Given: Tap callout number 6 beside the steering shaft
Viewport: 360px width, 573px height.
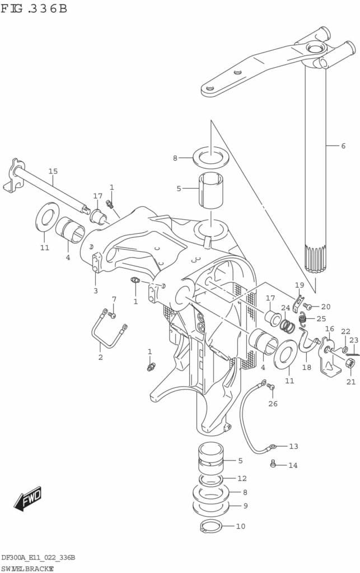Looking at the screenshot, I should pyautogui.click(x=343, y=146).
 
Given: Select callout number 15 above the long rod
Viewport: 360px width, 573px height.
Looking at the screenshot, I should pyautogui.click(x=53, y=171).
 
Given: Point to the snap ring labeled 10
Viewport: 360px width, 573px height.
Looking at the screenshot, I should pyautogui.click(x=211, y=526).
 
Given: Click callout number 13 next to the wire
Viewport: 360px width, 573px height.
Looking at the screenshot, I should pyautogui.click(x=293, y=446).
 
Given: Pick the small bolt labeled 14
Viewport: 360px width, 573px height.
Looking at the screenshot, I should pyautogui.click(x=273, y=464).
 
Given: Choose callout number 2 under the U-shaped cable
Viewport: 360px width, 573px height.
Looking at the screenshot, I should pyautogui.click(x=100, y=358).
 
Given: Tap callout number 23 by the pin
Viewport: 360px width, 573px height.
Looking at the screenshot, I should pyautogui.click(x=353, y=340).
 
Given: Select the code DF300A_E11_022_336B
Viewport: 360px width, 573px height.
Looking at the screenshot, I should pyautogui.click(x=38, y=558).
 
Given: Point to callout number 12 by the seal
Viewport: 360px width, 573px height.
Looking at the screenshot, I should pyautogui.click(x=242, y=478).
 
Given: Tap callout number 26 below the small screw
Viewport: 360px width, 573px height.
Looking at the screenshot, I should pyautogui.click(x=273, y=403).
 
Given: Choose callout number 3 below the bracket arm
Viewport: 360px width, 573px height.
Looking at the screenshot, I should pyautogui.click(x=95, y=290).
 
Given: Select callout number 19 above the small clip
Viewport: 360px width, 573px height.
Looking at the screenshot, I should pyautogui.click(x=300, y=285).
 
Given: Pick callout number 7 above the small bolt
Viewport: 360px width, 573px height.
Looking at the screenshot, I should pyautogui.click(x=114, y=299).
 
